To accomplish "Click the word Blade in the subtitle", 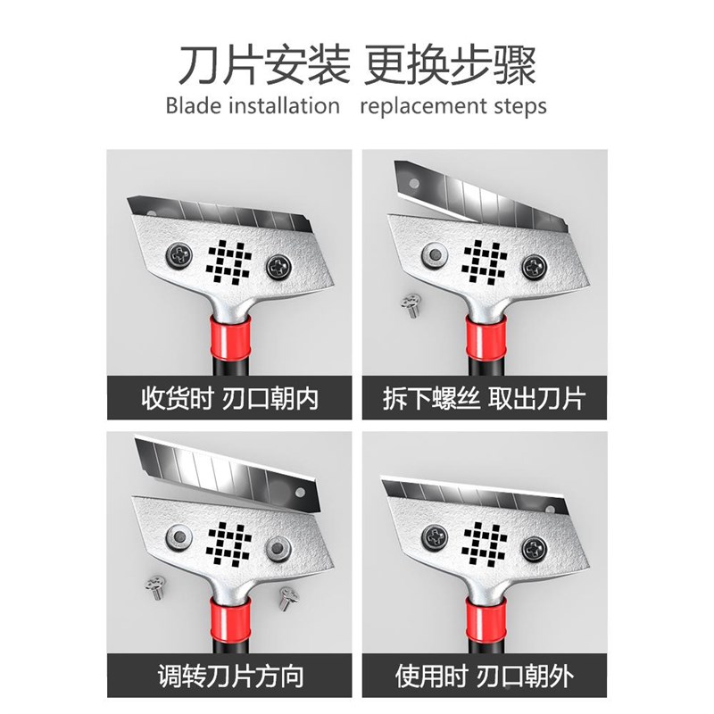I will coord(190,106).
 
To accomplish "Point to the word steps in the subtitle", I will coord(518,106).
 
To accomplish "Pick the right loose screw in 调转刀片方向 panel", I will coord(289,595).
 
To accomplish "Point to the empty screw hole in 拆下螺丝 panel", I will coord(434,255).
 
